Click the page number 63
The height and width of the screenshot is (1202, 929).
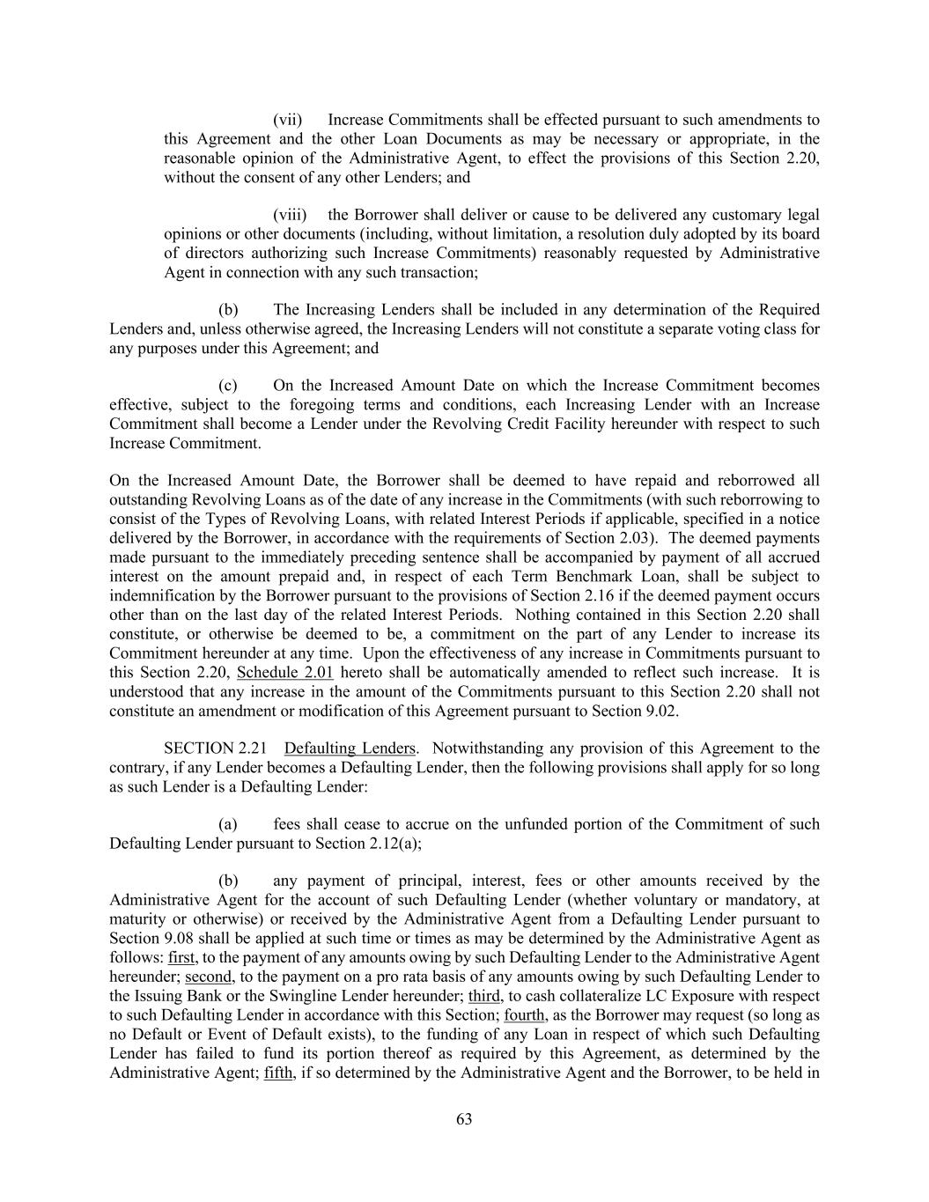(x=464, y=1119)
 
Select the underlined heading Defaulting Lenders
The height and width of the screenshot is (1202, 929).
(x=350, y=748)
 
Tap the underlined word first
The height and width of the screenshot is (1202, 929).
(x=182, y=958)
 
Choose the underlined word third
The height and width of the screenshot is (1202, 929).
(x=484, y=996)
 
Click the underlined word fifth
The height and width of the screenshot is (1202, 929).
(x=278, y=1073)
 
